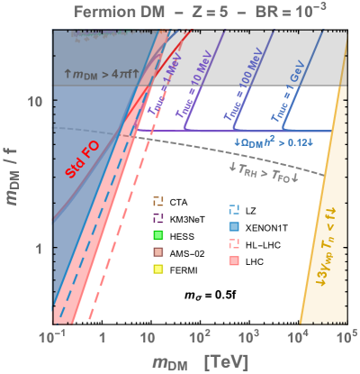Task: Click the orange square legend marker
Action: click(157, 201)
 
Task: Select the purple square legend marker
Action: click(157, 218)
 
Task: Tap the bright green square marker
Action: click(157, 235)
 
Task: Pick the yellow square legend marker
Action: click(157, 269)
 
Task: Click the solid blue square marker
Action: click(234, 226)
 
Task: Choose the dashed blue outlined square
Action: click(234, 209)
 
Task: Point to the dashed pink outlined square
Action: click(234, 243)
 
